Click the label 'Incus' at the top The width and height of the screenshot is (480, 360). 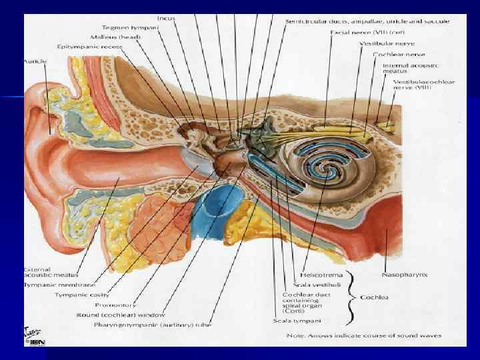166,18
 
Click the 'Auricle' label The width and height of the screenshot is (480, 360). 34,61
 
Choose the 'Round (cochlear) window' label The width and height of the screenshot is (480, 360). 121,315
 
